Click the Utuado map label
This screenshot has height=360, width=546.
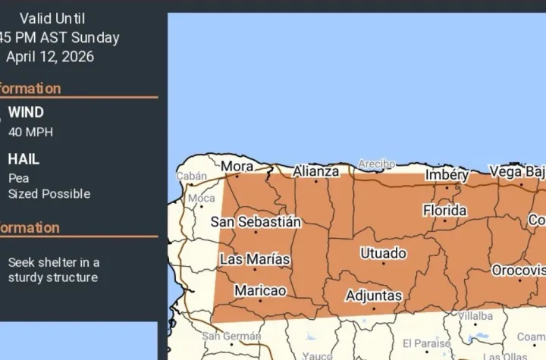[383, 253]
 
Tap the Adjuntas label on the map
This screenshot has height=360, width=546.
[373, 295]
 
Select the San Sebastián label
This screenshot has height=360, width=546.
[256, 222]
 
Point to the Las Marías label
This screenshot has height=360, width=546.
[255, 259]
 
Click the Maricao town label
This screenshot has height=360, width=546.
[260, 290]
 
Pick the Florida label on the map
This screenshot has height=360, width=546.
[445, 209]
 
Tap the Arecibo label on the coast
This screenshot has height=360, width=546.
[377, 164]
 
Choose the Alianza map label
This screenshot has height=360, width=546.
[316, 171]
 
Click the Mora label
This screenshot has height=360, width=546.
[237, 165]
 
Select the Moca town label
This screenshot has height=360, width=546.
[202, 198]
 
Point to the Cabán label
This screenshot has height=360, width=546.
[191, 176]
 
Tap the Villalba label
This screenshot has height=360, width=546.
[475, 315]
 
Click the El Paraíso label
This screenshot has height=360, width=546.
[426, 343]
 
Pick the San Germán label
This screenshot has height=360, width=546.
[231, 336]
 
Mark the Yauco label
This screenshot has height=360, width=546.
[318, 355]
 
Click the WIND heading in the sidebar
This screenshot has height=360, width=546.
[26, 113]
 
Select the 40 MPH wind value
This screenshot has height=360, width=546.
[30, 132]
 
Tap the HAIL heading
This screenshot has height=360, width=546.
[24, 159]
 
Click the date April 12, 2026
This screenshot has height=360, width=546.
[50, 57]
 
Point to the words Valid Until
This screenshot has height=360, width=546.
[53, 18]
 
